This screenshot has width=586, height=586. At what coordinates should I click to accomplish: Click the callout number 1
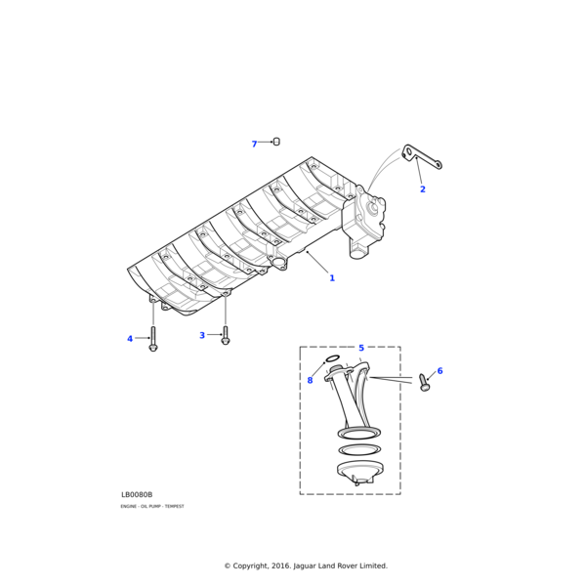click(332, 278)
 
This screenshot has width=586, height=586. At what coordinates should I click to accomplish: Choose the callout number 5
click(361, 348)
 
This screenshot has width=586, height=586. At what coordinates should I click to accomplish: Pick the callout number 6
click(439, 371)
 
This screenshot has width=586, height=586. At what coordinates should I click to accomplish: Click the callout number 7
click(254, 145)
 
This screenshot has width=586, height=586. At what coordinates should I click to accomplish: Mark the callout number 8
click(310, 381)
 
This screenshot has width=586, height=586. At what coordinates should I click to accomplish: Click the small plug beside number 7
click(276, 142)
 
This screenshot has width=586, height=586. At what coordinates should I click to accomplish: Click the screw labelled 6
click(424, 382)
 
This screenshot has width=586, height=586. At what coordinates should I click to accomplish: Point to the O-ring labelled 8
click(332, 359)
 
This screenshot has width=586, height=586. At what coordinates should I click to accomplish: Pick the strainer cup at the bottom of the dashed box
click(359, 472)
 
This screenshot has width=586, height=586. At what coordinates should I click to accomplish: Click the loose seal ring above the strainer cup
click(359, 450)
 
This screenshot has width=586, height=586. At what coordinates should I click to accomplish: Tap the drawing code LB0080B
click(137, 494)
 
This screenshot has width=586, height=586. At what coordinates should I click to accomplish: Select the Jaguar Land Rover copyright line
click(306, 565)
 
